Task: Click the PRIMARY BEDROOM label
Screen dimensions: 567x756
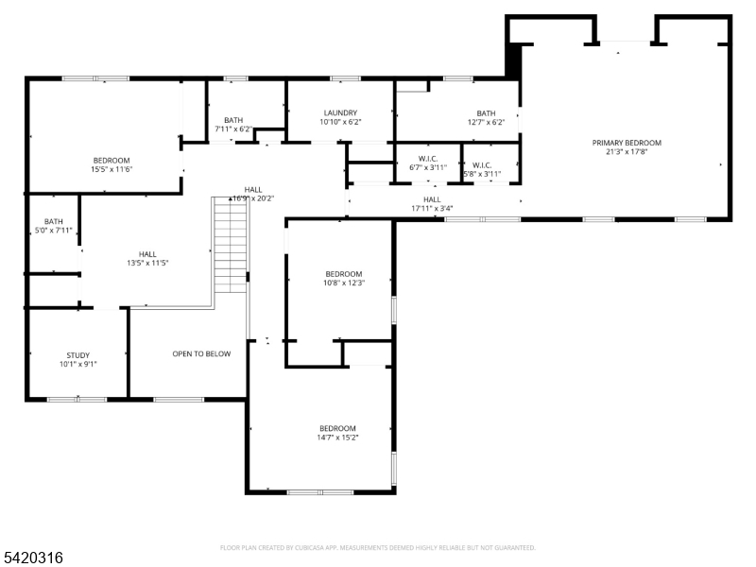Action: (x=627, y=143)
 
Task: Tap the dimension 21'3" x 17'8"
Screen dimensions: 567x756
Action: (x=627, y=152)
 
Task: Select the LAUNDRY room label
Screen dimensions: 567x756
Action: (x=340, y=112)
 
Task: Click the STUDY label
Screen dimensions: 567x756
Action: (x=77, y=354)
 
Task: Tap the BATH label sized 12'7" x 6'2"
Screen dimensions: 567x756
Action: (x=486, y=112)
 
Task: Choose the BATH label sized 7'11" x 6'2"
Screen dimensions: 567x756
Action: (x=233, y=120)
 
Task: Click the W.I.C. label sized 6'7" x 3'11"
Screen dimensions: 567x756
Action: (x=427, y=159)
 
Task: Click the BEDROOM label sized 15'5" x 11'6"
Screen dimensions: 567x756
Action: (x=111, y=160)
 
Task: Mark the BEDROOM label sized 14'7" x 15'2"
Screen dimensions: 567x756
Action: (x=337, y=428)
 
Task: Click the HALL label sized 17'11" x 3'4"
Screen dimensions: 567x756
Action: (x=432, y=199)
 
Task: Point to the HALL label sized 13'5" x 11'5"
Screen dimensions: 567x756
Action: (x=147, y=254)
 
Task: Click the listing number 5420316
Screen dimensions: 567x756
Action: (x=33, y=558)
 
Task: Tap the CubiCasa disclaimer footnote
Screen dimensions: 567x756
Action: (x=377, y=547)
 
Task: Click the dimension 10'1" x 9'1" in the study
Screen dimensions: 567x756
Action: (x=77, y=364)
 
